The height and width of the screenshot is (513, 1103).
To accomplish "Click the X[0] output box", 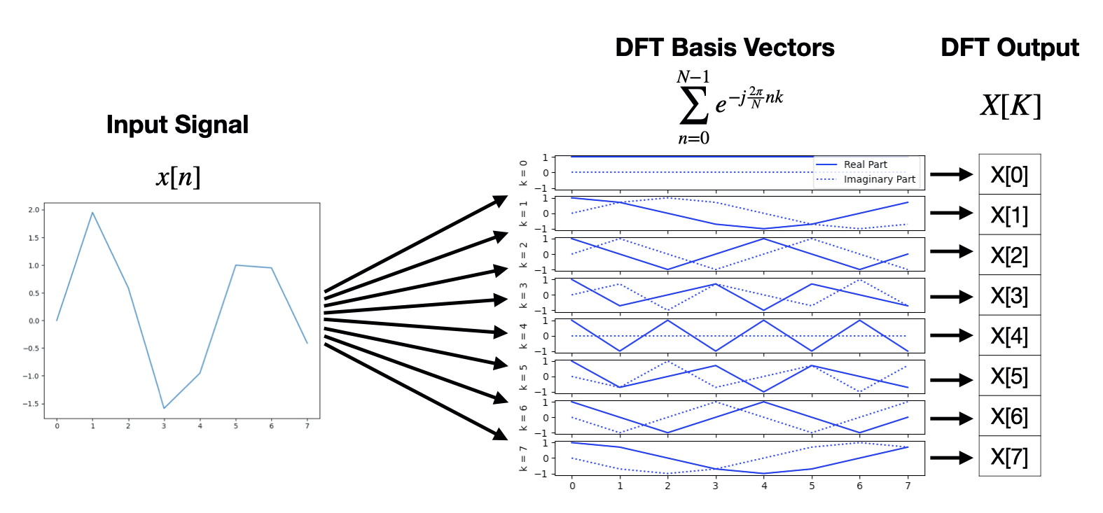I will pyautogui.click(x=1009, y=175).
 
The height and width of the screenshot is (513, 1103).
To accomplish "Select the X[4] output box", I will pyautogui.click(x=1009, y=336).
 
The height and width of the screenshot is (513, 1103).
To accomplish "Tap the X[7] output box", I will pyautogui.click(x=1009, y=457).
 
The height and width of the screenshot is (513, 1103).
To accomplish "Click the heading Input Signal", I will pyautogui.click(x=177, y=125).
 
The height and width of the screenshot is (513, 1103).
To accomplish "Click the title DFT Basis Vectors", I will pyautogui.click(x=724, y=48).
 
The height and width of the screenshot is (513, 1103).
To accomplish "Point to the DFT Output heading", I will pyautogui.click(x=1009, y=48).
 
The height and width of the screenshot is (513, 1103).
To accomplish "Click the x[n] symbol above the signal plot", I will pyautogui.click(x=178, y=176).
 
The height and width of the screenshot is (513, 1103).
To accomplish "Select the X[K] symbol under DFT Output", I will pyautogui.click(x=1010, y=106).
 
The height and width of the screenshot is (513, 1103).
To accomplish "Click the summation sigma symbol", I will pyautogui.click(x=693, y=106).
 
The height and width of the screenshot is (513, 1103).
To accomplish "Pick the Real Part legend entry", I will pyautogui.click(x=865, y=164).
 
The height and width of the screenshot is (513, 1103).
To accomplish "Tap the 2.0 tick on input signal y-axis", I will pyautogui.click(x=34, y=210).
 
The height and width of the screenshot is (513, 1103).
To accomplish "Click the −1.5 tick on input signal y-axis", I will pyautogui.click(x=32, y=404).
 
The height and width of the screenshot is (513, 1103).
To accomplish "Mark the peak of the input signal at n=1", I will pyautogui.click(x=92, y=213).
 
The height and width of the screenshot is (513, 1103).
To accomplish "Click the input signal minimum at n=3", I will pyautogui.click(x=164, y=408).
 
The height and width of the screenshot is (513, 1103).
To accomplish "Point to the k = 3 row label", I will pyautogui.click(x=523, y=295).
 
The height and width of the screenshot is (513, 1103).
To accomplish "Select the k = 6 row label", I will pyautogui.click(x=523, y=418).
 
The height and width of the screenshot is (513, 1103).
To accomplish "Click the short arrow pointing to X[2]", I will pyautogui.click(x=951, y=251).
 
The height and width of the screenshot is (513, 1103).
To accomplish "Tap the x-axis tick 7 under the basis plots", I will pyautogui.click(x=908, y=486).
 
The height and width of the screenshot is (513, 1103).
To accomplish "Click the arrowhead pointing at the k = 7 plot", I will pyautogui.click(x=500, y=434).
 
